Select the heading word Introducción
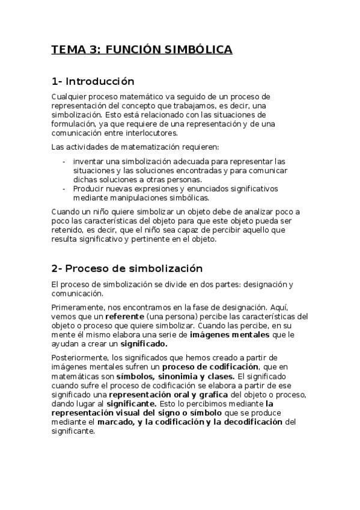pos(99,81)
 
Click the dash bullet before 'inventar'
pos(64,161)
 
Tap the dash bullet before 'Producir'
pos(64,188)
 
